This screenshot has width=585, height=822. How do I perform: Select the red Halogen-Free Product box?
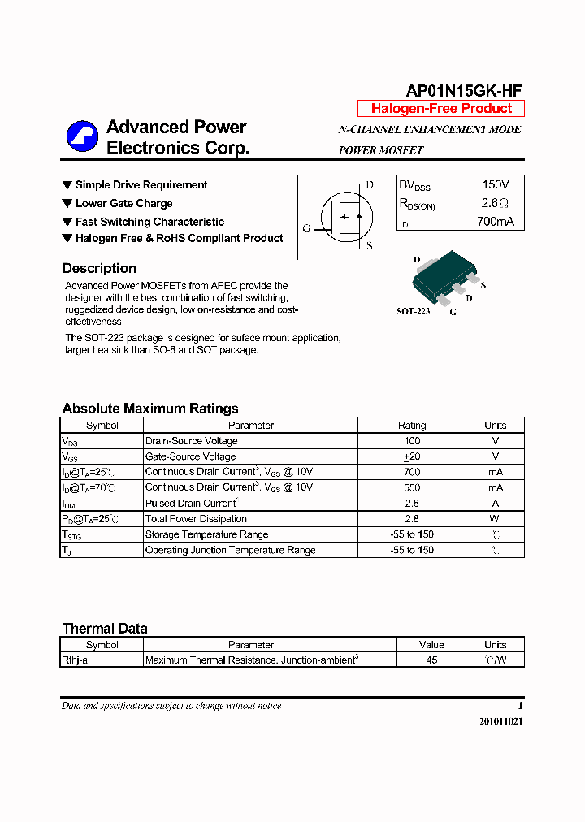click(x=441, y=109)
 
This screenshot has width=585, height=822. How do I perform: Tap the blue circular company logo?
click(x=82, y=136)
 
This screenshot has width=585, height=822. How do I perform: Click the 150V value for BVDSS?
click(x=496, y=184)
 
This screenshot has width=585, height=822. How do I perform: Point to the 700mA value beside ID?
click(x=496, y=221)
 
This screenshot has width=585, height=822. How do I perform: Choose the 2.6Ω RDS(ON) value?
click(x=496, y=203)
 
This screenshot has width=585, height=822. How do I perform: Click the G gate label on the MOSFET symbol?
click(x=306, y=228)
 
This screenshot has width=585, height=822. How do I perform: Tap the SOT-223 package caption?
click(x=413, y=311)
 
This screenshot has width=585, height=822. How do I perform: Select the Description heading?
click(x=99, y=268)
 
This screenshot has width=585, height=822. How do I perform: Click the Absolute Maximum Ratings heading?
click(x=150, y=409)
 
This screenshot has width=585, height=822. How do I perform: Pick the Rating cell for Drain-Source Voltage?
click(x=412, y=441)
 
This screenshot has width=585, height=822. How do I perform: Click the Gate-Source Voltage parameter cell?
click(x=190, y=456)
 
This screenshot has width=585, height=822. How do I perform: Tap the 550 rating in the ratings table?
click(x=412, y=487)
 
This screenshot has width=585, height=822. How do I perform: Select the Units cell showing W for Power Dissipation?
click(x=495, y=518)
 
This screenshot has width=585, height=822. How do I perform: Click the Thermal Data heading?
click(x=105, y=628)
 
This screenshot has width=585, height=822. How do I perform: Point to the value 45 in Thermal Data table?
click(x=431, y=660)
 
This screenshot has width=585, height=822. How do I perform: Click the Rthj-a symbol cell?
click(x=75, y=660)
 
